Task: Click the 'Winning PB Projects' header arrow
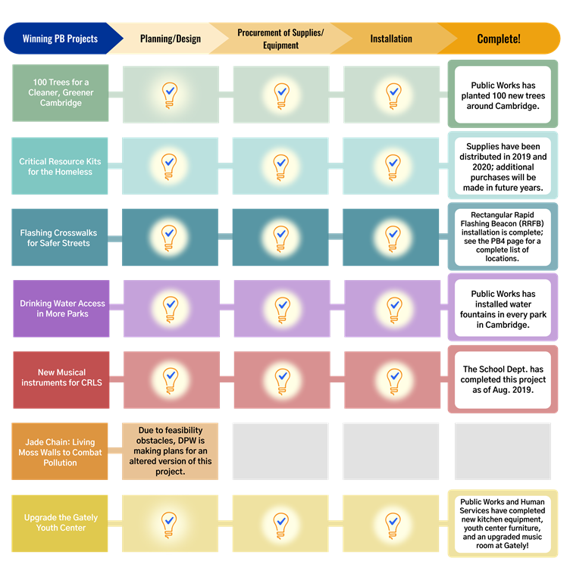(61, 39)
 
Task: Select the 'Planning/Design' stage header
(171, 39)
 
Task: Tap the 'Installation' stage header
(391, 39)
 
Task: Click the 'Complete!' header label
(499, 39)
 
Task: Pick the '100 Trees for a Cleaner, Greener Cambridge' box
(61, 93)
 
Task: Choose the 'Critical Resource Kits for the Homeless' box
(61, 167)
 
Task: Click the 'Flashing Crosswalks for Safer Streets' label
(61, 238)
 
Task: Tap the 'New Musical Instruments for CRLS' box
(61, 377)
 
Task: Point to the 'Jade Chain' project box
(60, 452)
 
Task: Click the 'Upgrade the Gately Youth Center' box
(61, 523)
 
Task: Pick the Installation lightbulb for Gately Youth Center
(393, 522)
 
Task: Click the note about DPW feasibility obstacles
(170, 450)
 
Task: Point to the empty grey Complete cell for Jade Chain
(502, 451)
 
